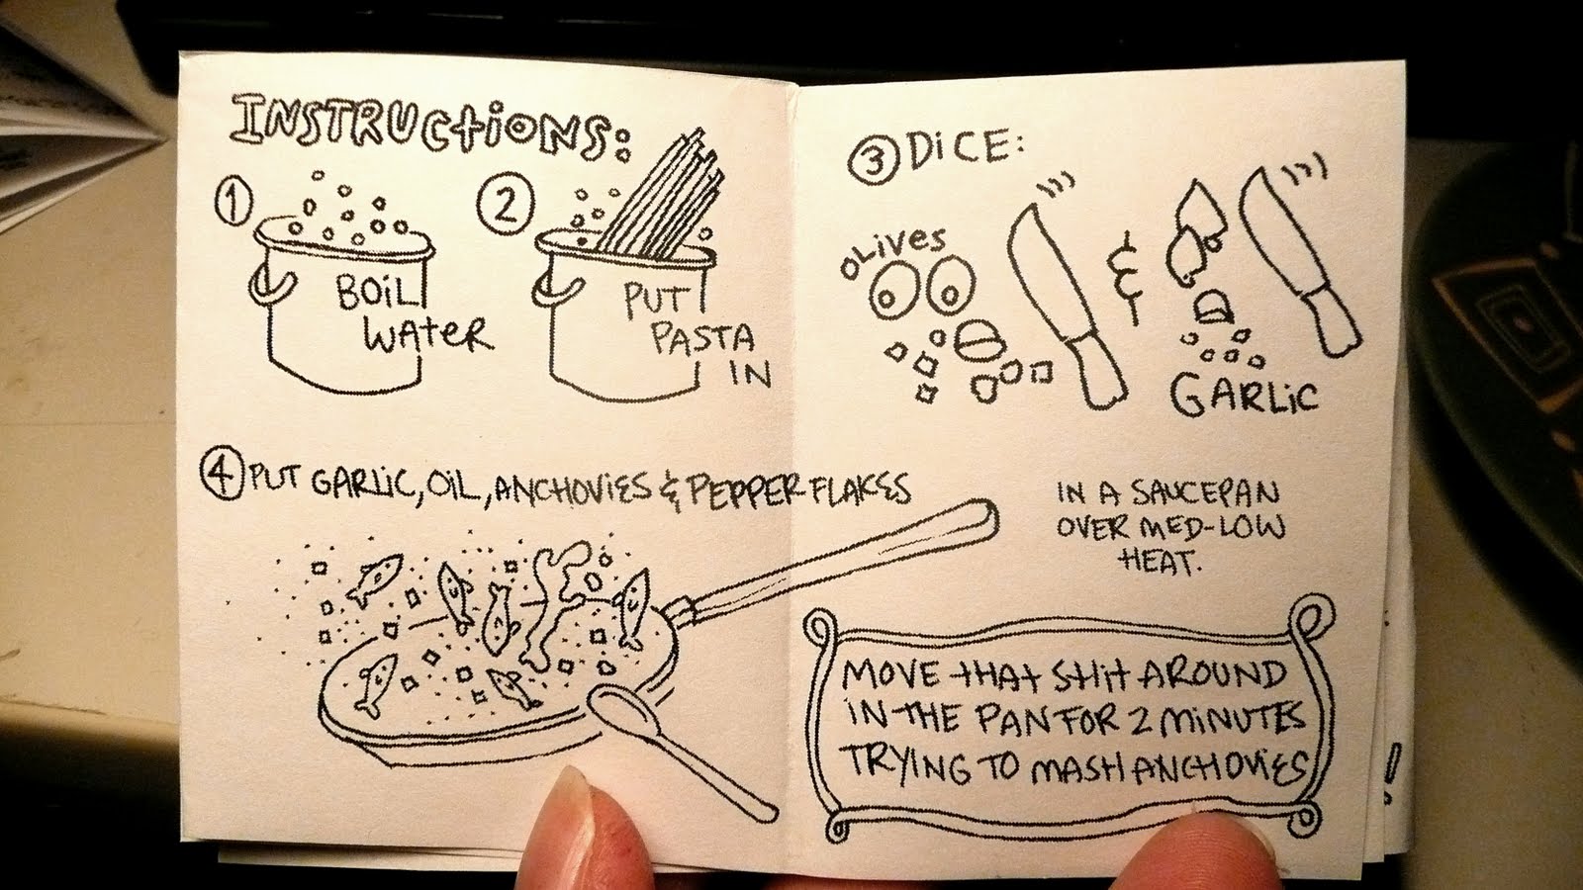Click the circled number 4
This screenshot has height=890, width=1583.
tap(222, 476)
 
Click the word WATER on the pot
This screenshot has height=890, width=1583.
tap(427, 336)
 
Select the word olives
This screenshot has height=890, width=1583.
tap(892, 251)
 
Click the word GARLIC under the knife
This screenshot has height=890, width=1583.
tap(1244, 394)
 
